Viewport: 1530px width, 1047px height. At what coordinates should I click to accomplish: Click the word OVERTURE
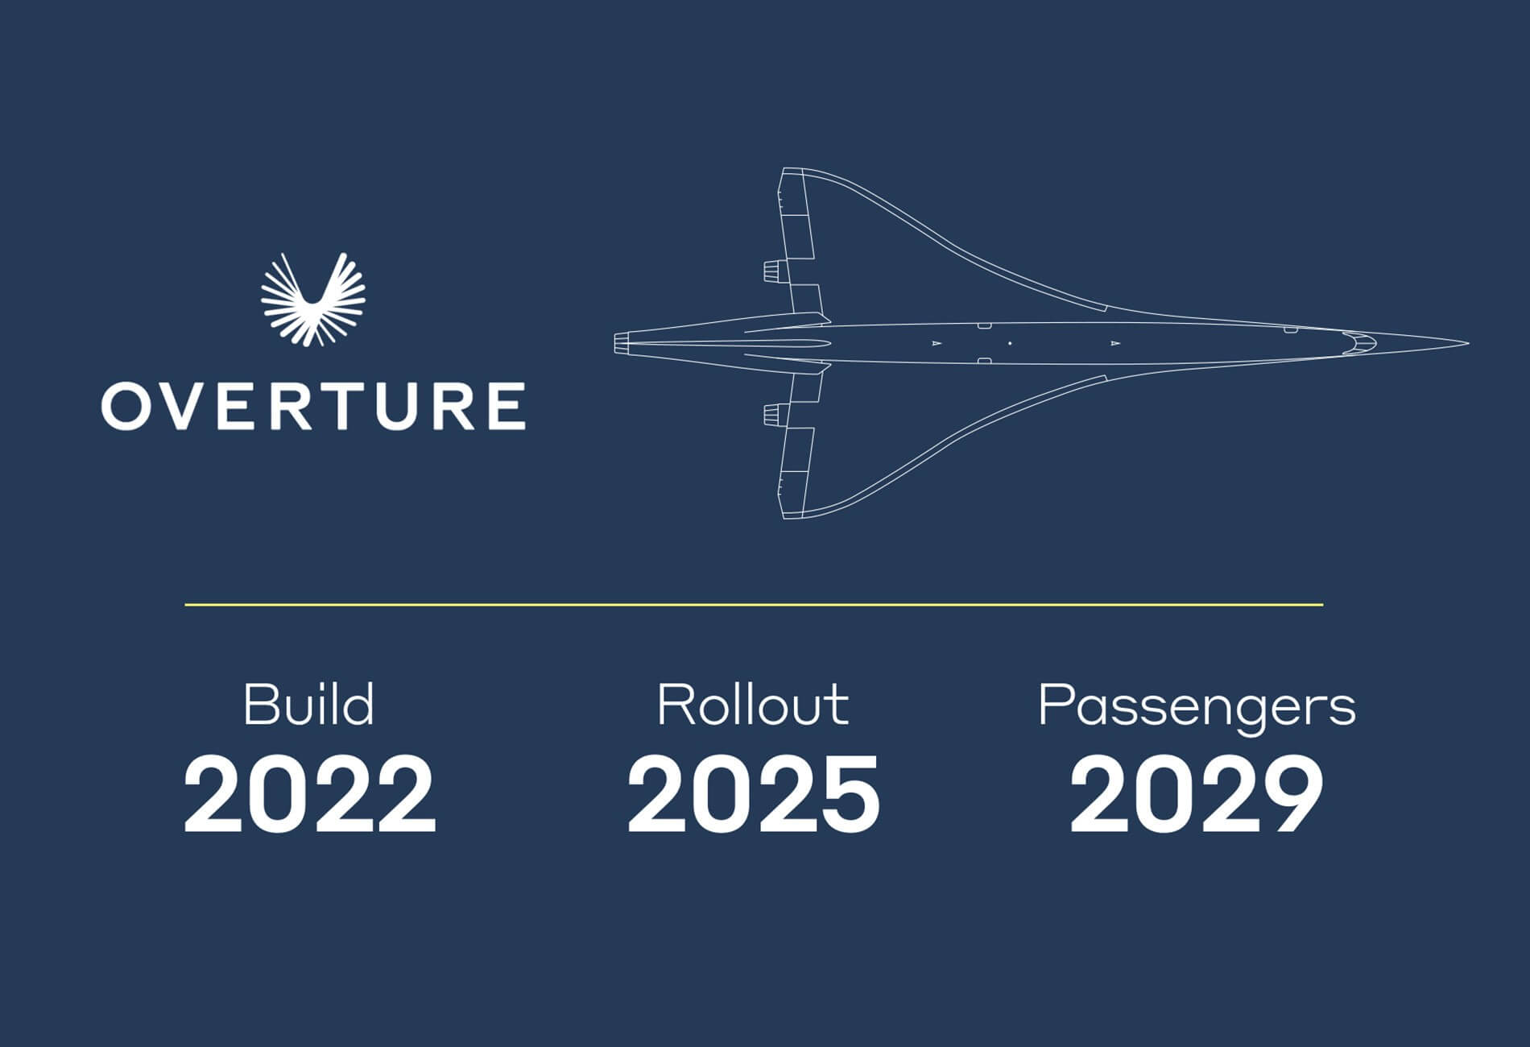pos(313,407)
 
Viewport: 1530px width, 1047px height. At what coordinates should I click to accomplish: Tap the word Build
pos(309,706)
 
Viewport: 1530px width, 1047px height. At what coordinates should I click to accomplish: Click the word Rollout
pos(753,706)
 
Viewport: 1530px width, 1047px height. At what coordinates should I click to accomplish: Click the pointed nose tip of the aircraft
pos(1466,344)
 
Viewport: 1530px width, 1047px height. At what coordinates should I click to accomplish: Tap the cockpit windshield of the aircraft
pos(1359,344)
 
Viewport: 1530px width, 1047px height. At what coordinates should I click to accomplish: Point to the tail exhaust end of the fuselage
pos(620,344)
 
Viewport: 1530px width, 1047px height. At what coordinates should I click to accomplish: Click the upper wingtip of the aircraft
pos(793,171)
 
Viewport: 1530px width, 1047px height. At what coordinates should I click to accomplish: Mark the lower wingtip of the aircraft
pos(793,515)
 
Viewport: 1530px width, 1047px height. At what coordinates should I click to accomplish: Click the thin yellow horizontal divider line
pos(753,604)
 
